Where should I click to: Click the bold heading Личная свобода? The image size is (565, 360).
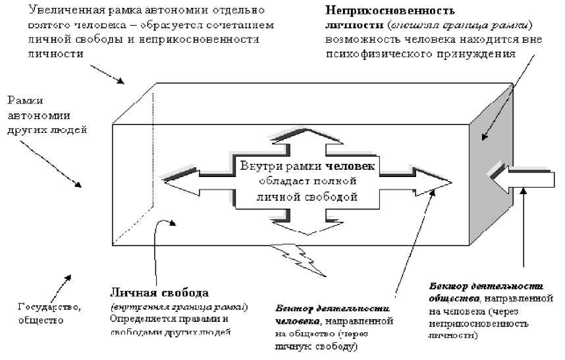[159, 292]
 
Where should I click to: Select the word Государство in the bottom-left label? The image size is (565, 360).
[43, 307]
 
